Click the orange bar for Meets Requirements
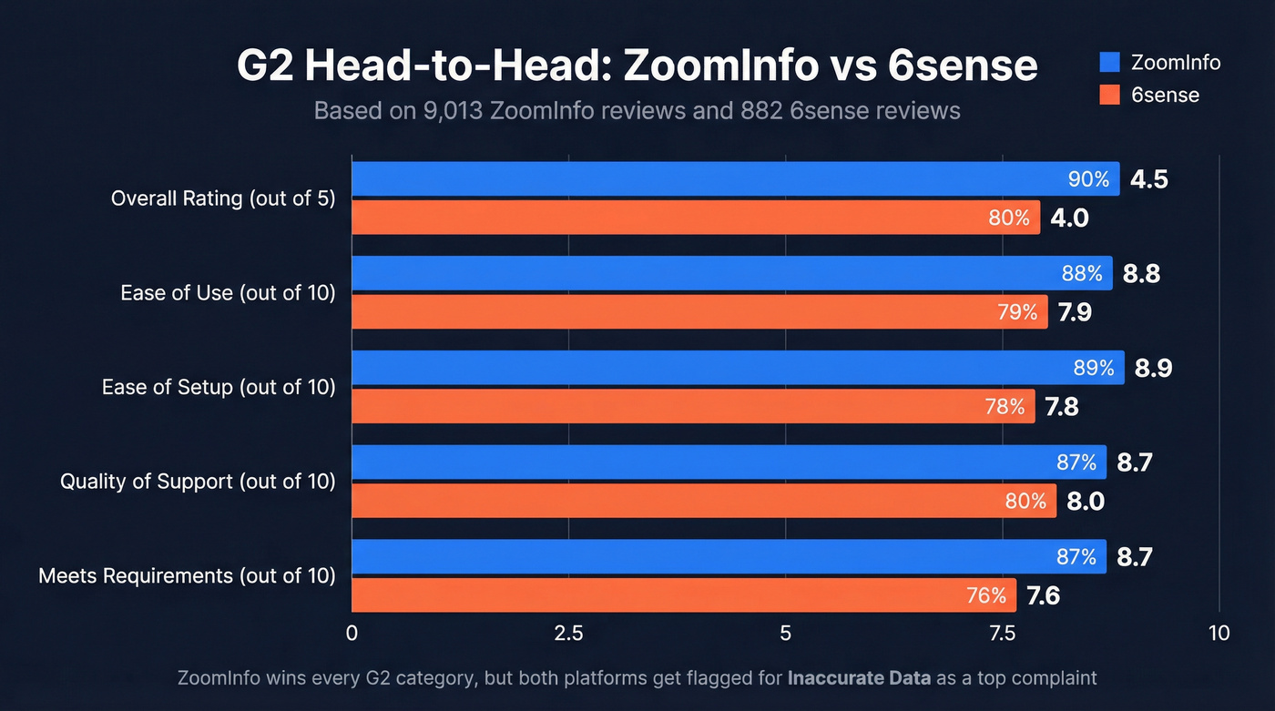point(683,595)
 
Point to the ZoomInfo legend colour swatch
point(1108,63)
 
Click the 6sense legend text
point(1165,95)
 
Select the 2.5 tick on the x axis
point(568,634)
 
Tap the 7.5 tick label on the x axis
point(1002,634)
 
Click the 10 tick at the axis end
point(1219,634)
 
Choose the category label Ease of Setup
point(219,387)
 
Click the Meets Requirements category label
point(187,575)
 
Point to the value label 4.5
point(1148,179)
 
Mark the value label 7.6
point(1043,596)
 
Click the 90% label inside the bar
point(1088,179)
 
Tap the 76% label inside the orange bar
point(986,596)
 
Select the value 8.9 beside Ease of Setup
point(1153,369)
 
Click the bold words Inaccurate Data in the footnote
point(859,678)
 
